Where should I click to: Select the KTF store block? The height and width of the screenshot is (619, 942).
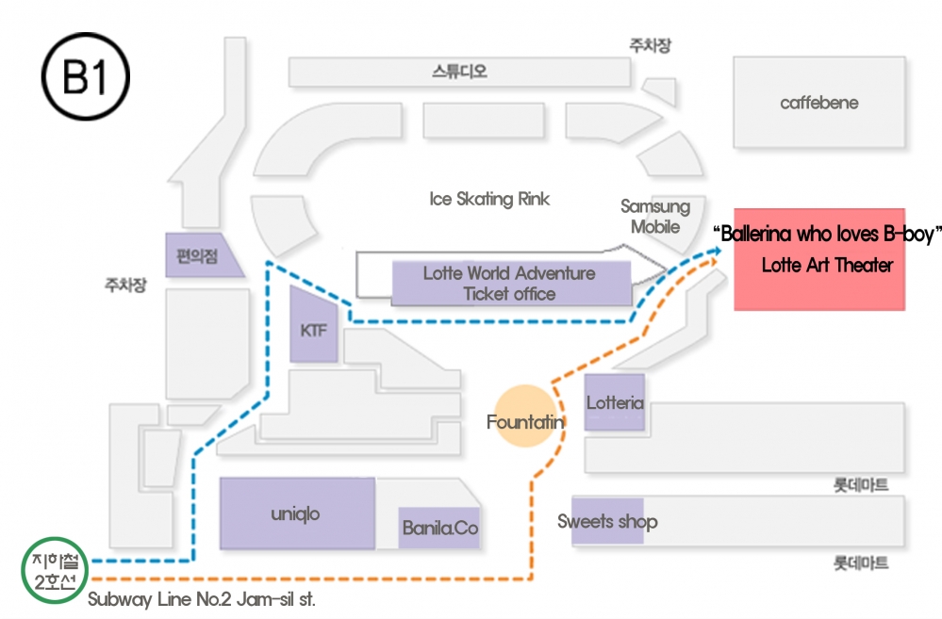(314, 325)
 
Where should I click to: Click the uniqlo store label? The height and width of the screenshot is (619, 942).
(295, 513)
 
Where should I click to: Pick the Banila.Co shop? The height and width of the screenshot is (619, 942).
(439, 528)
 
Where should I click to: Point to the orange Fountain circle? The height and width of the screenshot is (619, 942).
(526, 416)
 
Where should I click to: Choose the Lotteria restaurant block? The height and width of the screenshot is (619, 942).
(615, 402)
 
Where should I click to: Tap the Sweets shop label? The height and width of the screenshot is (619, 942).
(607, 521)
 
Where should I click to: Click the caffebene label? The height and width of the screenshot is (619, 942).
(818, 103)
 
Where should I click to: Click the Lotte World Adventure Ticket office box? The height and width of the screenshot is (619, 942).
(511, 284)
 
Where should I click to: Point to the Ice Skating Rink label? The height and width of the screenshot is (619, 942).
(489, 199)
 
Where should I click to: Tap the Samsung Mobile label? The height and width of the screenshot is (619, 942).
(655, 216)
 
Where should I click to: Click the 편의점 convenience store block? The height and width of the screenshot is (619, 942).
(202, 255)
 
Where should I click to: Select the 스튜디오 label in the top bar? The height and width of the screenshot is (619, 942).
(459, 72)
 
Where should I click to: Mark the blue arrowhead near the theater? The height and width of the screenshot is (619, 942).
(716, 251)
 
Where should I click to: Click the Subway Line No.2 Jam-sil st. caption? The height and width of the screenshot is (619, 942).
(201, 599)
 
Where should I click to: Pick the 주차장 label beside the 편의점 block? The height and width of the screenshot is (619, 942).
(125, 284)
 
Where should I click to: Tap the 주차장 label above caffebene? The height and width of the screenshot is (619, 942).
(650, 45)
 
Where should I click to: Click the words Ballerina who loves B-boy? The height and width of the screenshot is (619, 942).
(828, 234)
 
